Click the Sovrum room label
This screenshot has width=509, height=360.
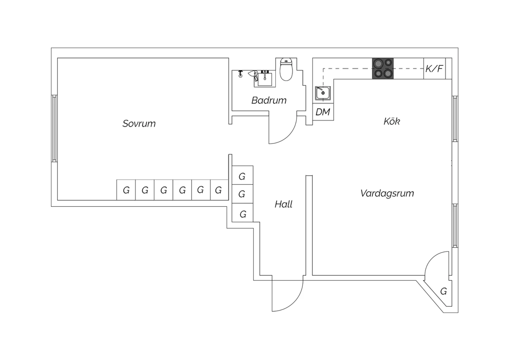139,123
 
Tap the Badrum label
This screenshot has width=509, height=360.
269,100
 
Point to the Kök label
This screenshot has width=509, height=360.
392,121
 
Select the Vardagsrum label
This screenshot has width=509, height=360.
387,193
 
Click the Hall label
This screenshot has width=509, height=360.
283,204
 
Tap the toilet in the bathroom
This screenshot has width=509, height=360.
286,70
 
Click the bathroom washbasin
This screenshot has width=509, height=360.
265,79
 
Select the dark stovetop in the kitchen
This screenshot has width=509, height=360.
383,69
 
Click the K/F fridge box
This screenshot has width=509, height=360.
434,69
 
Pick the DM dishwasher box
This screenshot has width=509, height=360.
323,112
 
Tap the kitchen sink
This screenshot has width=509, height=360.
323,93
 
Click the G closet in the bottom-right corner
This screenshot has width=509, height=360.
443,291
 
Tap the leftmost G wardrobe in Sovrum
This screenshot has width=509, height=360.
126,190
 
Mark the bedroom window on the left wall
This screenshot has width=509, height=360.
54,128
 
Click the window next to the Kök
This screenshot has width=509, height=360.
455,119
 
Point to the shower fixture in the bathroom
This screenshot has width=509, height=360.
241,74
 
